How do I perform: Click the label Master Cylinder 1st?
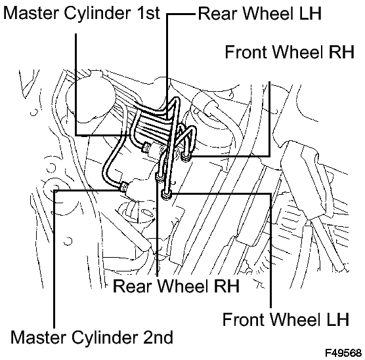point(81,13)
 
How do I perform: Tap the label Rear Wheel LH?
point(260,14)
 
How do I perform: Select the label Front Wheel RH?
point(290,52)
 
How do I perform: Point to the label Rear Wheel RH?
point(176,286)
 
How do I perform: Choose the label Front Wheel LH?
point(286,319)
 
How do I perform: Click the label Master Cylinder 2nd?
point(92,338)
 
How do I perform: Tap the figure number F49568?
point(343,353)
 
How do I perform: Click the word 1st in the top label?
point(148,13)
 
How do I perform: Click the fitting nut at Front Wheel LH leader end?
point(166,194)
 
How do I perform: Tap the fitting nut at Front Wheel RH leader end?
point(186,157)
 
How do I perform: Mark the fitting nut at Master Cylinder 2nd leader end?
point(123,186)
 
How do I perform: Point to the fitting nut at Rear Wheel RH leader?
point(160,178)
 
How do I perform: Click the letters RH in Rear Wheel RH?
point(226,286)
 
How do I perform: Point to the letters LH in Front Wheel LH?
point(337,319)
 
